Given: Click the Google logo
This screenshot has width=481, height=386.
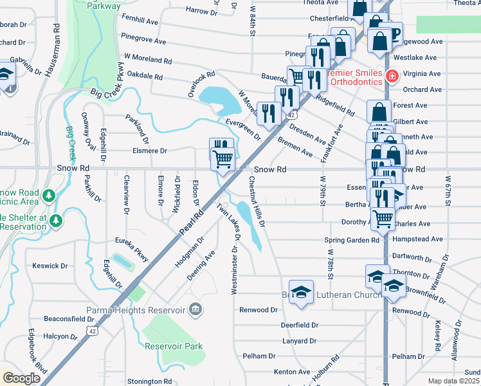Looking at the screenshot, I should (x=21, y=378).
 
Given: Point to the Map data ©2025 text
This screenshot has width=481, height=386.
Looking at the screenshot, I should (x=454, y=381).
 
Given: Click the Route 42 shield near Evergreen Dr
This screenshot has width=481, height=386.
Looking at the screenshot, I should (x=291, y=115).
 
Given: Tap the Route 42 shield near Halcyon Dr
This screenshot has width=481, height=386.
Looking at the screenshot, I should (x=94, y=331).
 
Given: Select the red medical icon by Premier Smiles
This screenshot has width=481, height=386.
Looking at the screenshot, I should (x=392, y=77).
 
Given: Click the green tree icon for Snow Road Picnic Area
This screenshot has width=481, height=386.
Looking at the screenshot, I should (x=47, y=194).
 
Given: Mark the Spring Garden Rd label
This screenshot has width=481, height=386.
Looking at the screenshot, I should (x=352, y=240).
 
